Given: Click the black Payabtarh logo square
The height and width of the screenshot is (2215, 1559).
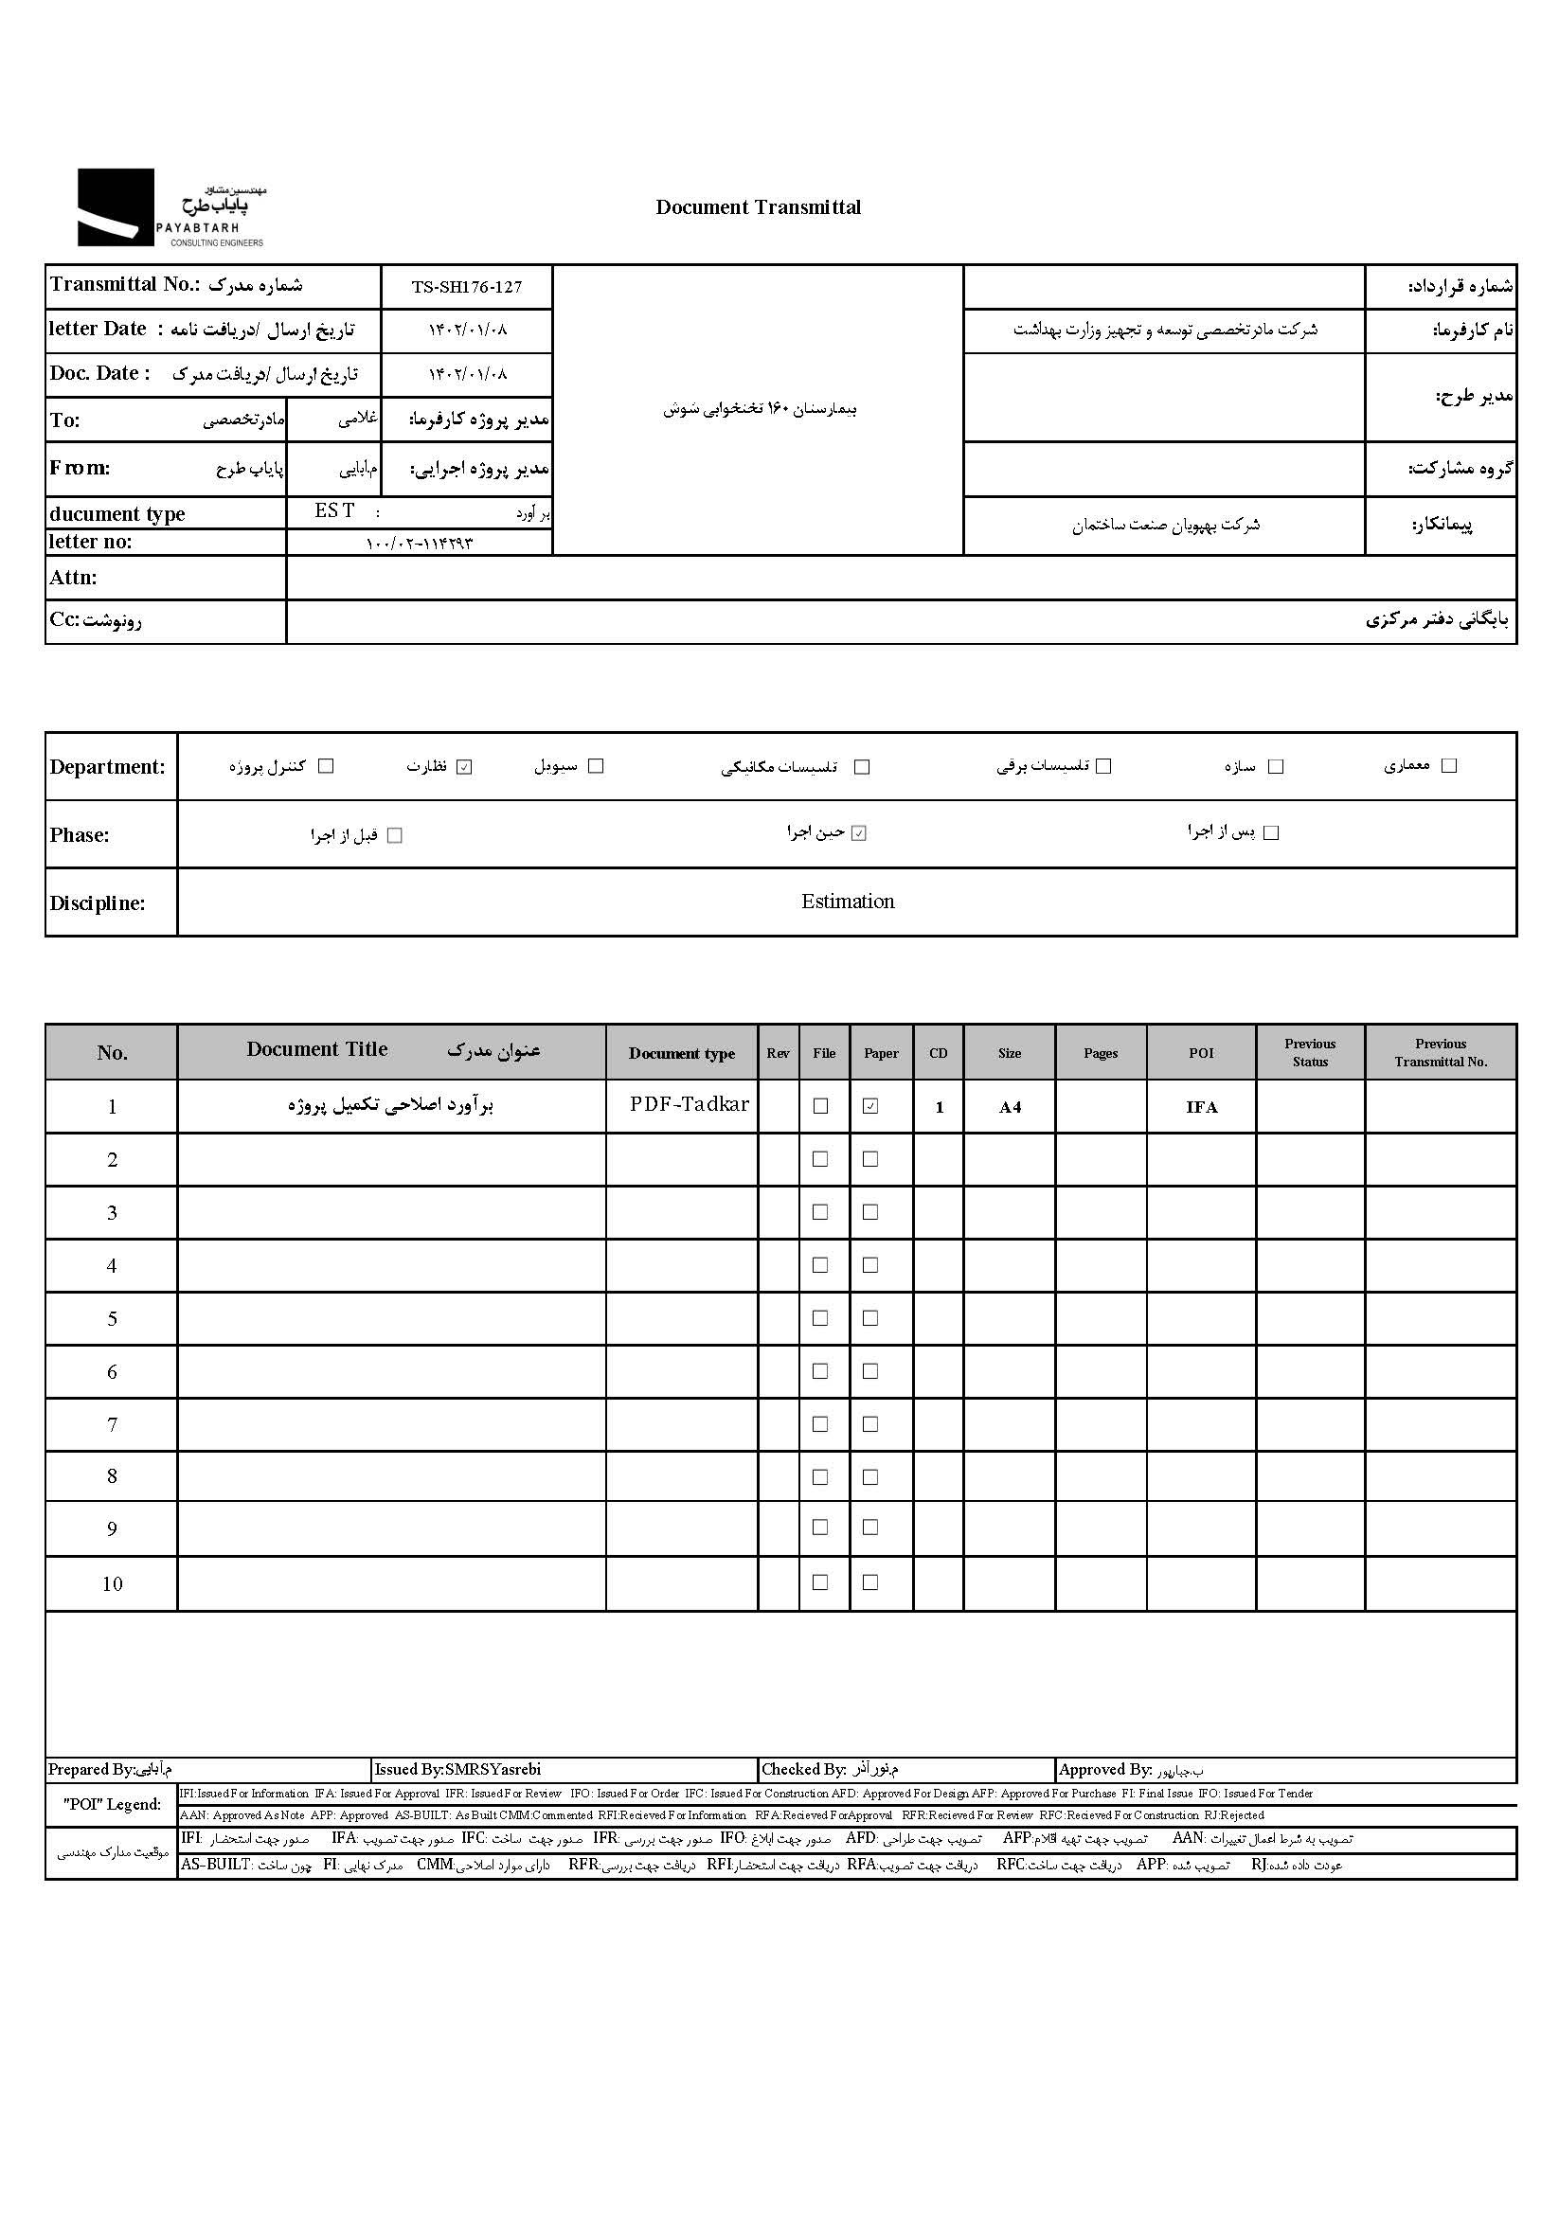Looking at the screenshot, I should click(115, 206).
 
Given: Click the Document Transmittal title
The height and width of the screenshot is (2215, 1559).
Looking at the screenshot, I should click(758, 206).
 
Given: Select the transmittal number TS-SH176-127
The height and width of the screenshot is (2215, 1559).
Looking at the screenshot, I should click(466, 287).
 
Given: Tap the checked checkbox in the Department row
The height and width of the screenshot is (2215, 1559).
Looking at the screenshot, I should click(464, 767).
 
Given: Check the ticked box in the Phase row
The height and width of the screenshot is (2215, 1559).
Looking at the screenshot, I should click(859, 833).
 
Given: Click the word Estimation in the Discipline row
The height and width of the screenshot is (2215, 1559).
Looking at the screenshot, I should click(847, 901).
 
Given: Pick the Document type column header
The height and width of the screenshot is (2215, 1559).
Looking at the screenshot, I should click(681, 1052).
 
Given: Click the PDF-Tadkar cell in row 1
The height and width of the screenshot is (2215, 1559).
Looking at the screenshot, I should click(689, 1104).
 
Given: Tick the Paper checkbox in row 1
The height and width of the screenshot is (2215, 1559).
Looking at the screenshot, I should click(870, 1106).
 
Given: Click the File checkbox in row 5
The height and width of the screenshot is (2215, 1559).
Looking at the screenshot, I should click(820, 1318).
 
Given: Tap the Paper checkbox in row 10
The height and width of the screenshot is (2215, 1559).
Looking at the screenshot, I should click(870, 1582).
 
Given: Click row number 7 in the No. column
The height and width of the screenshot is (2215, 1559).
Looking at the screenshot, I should click(112, 1424).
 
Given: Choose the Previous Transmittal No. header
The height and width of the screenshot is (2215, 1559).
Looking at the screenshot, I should click(1441, 1052).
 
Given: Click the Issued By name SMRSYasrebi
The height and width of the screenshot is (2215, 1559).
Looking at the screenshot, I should click(493, 1769).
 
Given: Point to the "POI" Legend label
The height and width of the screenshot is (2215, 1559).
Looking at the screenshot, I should click(112, 1804).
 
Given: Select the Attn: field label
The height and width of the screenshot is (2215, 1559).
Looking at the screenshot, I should click(73, 578).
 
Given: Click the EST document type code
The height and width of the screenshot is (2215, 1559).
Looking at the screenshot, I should click(333, 511).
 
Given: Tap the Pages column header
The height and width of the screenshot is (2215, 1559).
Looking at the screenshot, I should click(1100, 1052).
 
